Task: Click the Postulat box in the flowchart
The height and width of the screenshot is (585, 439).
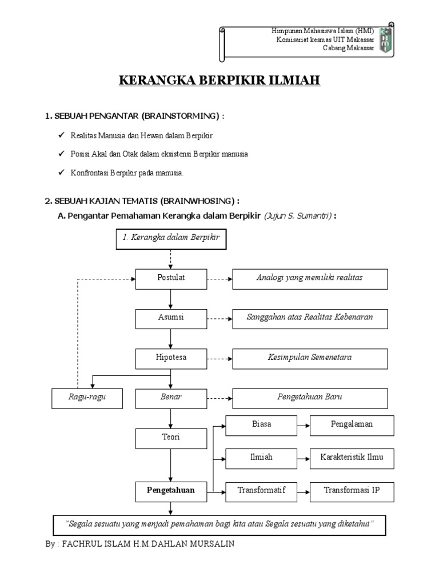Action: [171, 278]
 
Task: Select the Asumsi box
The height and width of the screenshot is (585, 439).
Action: [171, 318]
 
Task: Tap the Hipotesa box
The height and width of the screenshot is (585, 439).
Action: [171, 358]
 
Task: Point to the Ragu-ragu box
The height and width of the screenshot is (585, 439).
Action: [87, 398]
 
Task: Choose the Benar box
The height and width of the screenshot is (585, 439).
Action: [171, 398]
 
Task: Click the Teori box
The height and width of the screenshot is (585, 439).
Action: [171, 438]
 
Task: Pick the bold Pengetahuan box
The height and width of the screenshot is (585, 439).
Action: [171, 490]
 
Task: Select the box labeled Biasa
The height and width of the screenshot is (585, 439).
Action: [261, 425]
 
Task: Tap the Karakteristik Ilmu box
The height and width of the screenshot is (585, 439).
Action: [352, 458]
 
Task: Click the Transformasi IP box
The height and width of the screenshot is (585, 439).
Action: [352, 491]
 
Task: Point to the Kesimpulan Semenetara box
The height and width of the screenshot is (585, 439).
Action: [310, 358]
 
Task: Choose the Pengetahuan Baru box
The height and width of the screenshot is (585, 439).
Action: [310, 398]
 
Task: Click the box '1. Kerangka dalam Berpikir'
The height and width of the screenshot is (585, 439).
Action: [171, 238]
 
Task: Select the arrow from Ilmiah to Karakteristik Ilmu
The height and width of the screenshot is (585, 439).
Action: [304, 458]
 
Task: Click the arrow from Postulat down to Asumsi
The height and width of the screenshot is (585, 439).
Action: [171, 299]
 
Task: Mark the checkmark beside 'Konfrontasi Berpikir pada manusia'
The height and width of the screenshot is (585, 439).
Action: [61, 173]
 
